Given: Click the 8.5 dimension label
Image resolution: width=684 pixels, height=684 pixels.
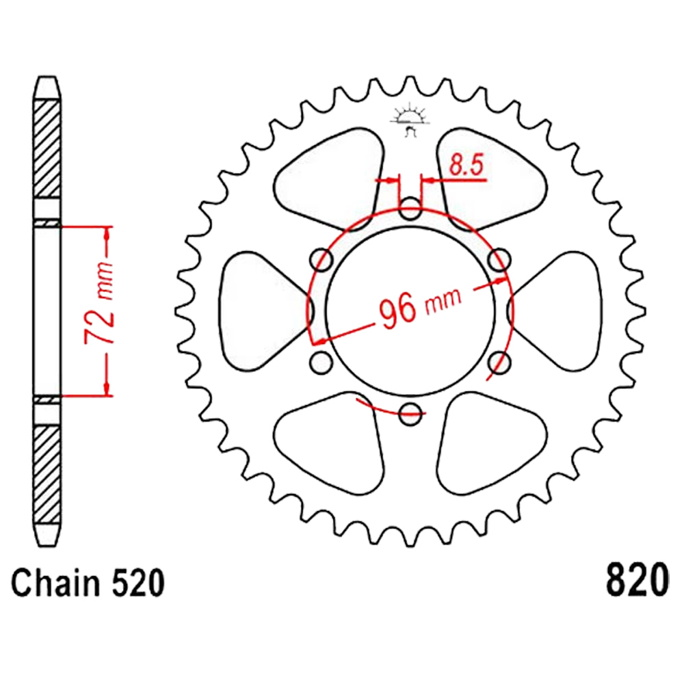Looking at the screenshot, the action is (466, 165).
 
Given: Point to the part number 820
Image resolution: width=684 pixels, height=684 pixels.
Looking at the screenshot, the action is (636, 579).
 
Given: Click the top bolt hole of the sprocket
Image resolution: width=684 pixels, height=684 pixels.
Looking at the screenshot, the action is (410, 208).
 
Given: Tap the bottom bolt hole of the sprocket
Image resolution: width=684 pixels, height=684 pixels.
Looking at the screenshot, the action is (410, 413).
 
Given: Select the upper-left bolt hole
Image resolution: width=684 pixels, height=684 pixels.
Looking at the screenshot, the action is (321, 259).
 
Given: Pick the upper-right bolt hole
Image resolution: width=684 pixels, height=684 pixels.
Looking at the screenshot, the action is (499, 259).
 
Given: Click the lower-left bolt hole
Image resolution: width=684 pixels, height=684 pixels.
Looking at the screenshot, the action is (321, 362).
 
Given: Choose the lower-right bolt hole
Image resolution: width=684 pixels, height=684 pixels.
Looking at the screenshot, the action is (499, 362).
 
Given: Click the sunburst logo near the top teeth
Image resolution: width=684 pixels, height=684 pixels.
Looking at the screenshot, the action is (410, 119).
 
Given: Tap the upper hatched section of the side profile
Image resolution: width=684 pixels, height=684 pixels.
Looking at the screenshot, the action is (47, 148).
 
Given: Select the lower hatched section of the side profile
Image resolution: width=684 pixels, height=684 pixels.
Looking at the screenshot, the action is (47, 475).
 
